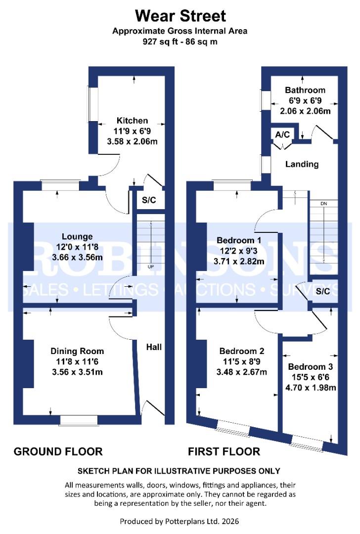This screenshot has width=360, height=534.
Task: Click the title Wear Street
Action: point(180,15)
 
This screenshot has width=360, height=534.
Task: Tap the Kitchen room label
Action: point(132,120)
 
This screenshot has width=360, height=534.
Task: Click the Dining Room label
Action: point(77,351)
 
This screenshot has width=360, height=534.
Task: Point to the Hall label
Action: point(154,347)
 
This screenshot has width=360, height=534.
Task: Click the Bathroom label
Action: point(305,90)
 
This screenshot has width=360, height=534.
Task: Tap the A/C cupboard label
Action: point(282,134)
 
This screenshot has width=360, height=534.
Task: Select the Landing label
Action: point(302,164)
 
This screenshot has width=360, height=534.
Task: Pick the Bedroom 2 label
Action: point(242,351)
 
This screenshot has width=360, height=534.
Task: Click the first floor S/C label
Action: point(323,291)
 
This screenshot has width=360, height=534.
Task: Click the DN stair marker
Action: point(324,204)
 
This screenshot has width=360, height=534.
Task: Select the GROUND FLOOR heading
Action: point(58,451)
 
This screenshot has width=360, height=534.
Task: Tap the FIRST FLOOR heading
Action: point(224,451)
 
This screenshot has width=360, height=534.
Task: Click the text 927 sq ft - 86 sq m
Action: point(180,42)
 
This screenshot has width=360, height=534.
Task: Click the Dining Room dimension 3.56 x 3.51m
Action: point(77,372)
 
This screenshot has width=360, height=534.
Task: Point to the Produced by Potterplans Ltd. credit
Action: point(180,521)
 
